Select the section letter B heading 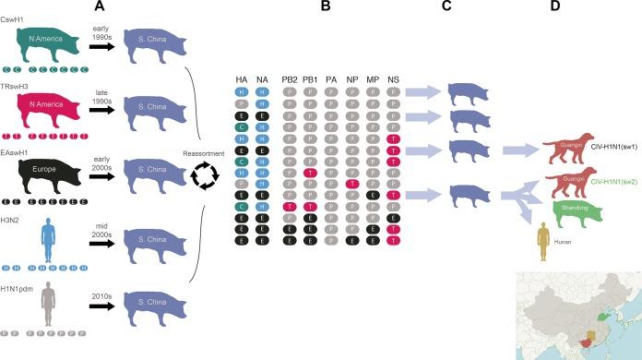click(x=326, y=7)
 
